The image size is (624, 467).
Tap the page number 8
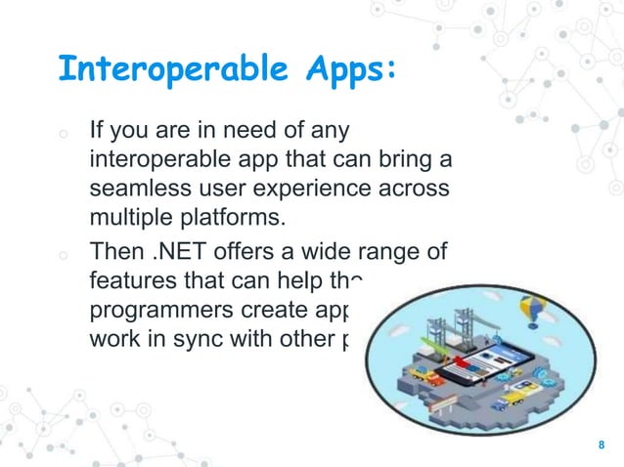tap(602, 446)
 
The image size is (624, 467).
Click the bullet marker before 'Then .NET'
tap(62, 257)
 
